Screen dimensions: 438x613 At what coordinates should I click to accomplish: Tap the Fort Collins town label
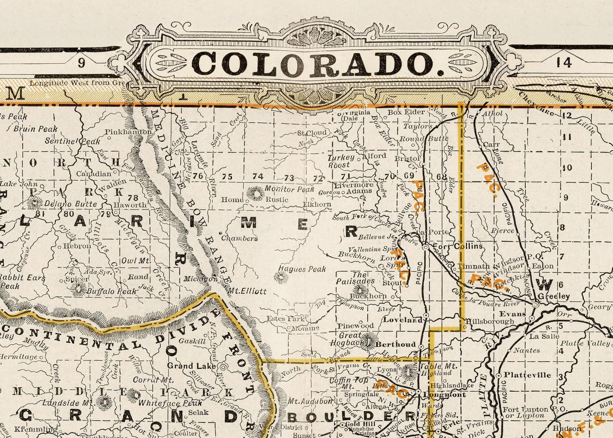[x=458, y=246]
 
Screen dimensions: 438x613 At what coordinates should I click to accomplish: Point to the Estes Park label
[x=285, y=318]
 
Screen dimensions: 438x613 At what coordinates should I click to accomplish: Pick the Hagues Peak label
[x=302, y=269]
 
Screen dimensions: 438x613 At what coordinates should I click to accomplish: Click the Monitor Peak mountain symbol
[x=255, y=193]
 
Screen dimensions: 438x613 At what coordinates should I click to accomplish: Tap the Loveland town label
[x=403, y=320]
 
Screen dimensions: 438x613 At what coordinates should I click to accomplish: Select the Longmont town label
[x=444, y=395]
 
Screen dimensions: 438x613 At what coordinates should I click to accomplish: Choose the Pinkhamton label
[x=128, y=132]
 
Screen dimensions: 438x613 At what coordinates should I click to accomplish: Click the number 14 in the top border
[x=564, y=63]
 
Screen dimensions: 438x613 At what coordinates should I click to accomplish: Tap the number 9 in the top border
[x=81, y=63]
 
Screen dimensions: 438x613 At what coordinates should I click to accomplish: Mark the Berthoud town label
[x=395, y=344]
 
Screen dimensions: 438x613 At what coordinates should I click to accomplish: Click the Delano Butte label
[x=70, y=204]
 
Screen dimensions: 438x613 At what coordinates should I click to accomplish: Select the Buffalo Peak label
[x=111, y=291]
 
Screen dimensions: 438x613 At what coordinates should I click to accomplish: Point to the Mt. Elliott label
[x=247, y=291]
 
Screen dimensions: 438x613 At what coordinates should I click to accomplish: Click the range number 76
[x=198, y=176]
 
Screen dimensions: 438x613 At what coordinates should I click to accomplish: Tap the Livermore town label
[x=353, y=185]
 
